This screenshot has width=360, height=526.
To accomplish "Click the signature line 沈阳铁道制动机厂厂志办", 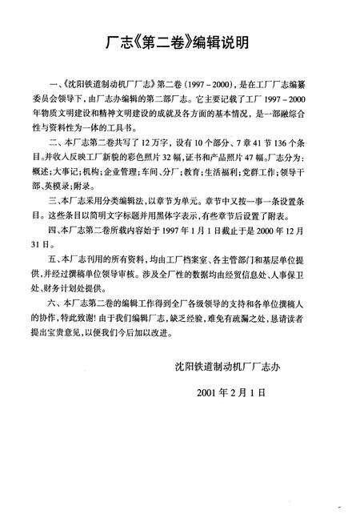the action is coord(227,390).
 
